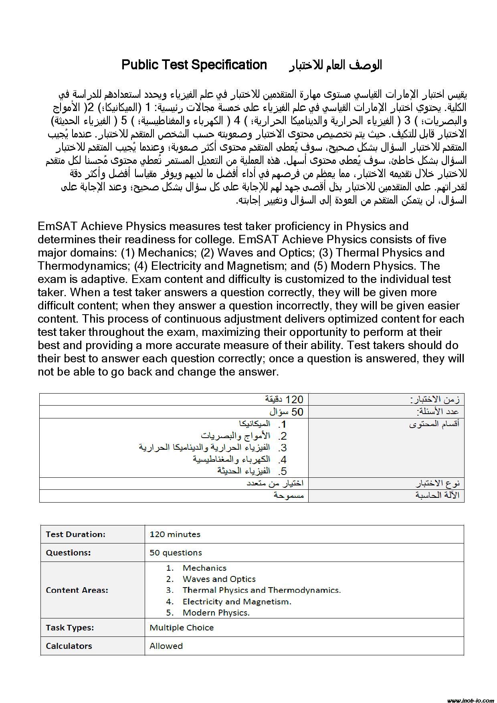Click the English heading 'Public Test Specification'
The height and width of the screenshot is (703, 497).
[x=194, y=65]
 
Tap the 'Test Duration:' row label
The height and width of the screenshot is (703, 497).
[x=76, y=534]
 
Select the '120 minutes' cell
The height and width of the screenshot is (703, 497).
[x=175, y=534]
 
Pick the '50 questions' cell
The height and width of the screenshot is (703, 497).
[x=176, y=553]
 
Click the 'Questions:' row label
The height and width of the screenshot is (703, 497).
[x=69, y=553]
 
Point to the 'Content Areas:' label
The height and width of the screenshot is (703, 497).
[x=77, y=590]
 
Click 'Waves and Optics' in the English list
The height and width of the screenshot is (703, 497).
[x=219, y=579]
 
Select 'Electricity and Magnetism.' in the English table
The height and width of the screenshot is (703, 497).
[x=237, y=602]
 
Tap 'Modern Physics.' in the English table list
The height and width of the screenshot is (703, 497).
[x=216, y=613]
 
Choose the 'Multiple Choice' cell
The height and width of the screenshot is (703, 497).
[x=182, y=628]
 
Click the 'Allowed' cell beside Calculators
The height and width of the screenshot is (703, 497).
[x=166, y=646]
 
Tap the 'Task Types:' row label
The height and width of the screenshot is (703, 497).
[x=70, y=628]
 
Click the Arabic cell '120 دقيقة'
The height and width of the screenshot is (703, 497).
[x=284, y=399]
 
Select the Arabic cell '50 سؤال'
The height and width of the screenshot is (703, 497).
[x=286, y=412]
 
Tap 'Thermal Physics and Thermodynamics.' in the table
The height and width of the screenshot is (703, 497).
[x=261, y=590]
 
